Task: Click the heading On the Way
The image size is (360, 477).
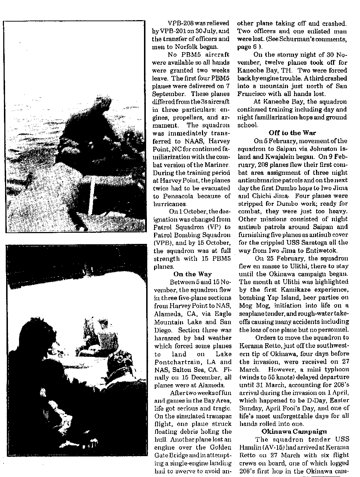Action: point(192,274)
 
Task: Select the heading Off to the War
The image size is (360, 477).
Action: point(292,133)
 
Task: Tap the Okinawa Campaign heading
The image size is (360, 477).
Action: point(294,431)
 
